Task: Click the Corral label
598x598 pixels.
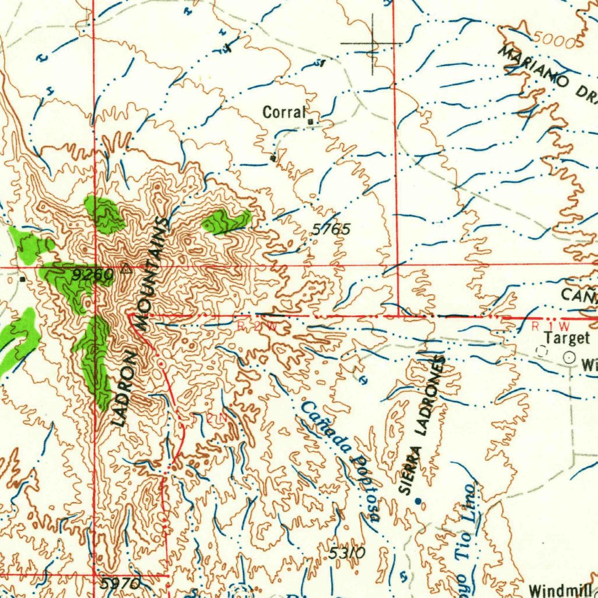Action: coord(284,112)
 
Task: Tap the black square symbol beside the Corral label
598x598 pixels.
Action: coord(311,121)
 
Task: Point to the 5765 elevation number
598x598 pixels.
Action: coord(331,230)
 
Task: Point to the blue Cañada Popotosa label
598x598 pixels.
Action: coord(341,461)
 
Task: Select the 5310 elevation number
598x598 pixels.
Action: coord(346,552)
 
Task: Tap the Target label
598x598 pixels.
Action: coord(567,338)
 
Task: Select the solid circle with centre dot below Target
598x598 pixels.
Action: coord(568,357)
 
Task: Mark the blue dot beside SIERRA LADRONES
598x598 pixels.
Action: coord(418,500)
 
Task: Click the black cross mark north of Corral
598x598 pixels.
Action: coord(373,44)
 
